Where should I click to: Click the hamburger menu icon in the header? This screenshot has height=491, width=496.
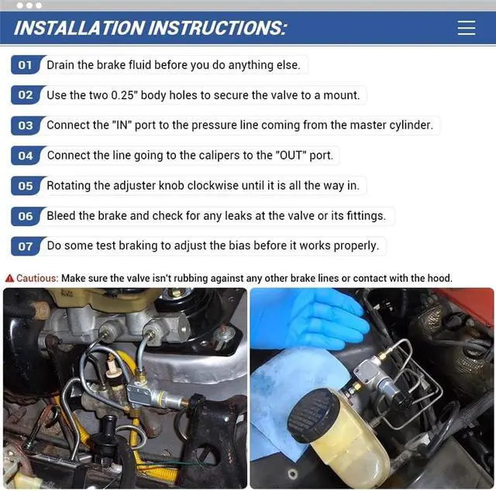point(467,28)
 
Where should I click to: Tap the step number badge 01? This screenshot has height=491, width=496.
point(26,65)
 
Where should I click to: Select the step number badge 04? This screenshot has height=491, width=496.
point(26,156)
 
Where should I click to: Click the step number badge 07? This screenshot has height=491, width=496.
point(26,246)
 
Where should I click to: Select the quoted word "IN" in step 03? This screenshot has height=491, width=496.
point(122,125)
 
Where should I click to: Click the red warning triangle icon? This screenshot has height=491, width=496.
point(9,278)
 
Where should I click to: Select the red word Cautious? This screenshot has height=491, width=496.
point(37,278)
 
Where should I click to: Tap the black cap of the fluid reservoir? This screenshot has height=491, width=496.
point(314,415)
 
